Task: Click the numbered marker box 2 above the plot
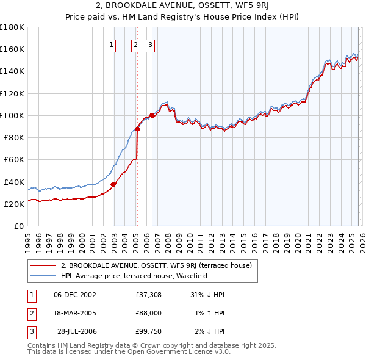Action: pyautogui.click(x=135, y=44)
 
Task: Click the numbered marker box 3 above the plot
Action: pyautogui.click(x=149, y=44)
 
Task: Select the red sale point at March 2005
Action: pyautogui.click(x=138, y=129)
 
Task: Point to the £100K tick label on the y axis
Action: pyautogui.click(x=12, y=115)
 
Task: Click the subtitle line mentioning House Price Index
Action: pyautogui.click(x=182, y=18)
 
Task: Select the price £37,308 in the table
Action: pyautogui.click(x=148, y=294)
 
